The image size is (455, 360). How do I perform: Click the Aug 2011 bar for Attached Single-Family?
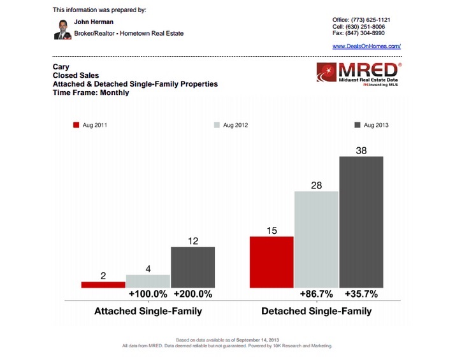pyautogui.click(x=103, y=284)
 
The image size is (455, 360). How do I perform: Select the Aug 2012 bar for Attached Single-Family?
pyautogui.click(x=148, y=281)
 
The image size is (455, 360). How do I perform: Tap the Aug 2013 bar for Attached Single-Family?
pyautogui.click(x=192, y=267)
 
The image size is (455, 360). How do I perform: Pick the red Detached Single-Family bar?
pyautogui.click(x=271, y=262)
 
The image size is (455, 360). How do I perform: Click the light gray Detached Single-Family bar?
pyautogui.click(x=316, y=239)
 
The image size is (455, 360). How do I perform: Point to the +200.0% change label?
pyautogui.click(x=192, y=294)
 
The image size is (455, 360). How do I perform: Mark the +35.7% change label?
pyautogui.click(x=361, y=294)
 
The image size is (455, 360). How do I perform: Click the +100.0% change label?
pyautogui.click(x=148, y=294)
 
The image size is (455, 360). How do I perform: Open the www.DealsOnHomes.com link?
pyautogui.click(x=366, y=47)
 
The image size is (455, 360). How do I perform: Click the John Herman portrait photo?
pyautogui.click(x=62, y=29)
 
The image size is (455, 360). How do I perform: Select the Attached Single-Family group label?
pyautogui.click(x=148, y=312)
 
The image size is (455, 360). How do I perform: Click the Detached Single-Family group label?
pyautogui.click(x=316, y=312)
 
